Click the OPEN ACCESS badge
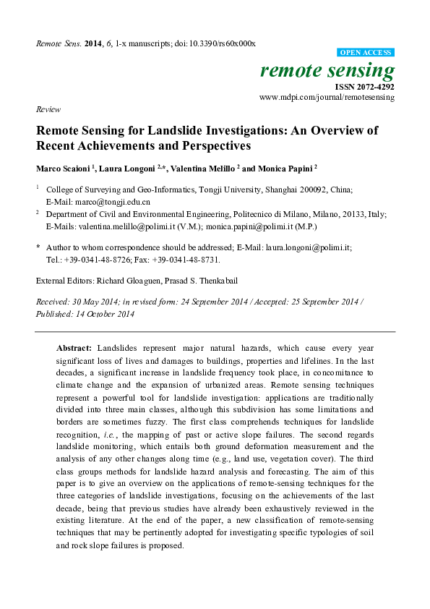click(366, 53)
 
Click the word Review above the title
click(47, 109)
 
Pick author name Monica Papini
click(289, 168)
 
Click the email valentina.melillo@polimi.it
click(124, 225)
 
